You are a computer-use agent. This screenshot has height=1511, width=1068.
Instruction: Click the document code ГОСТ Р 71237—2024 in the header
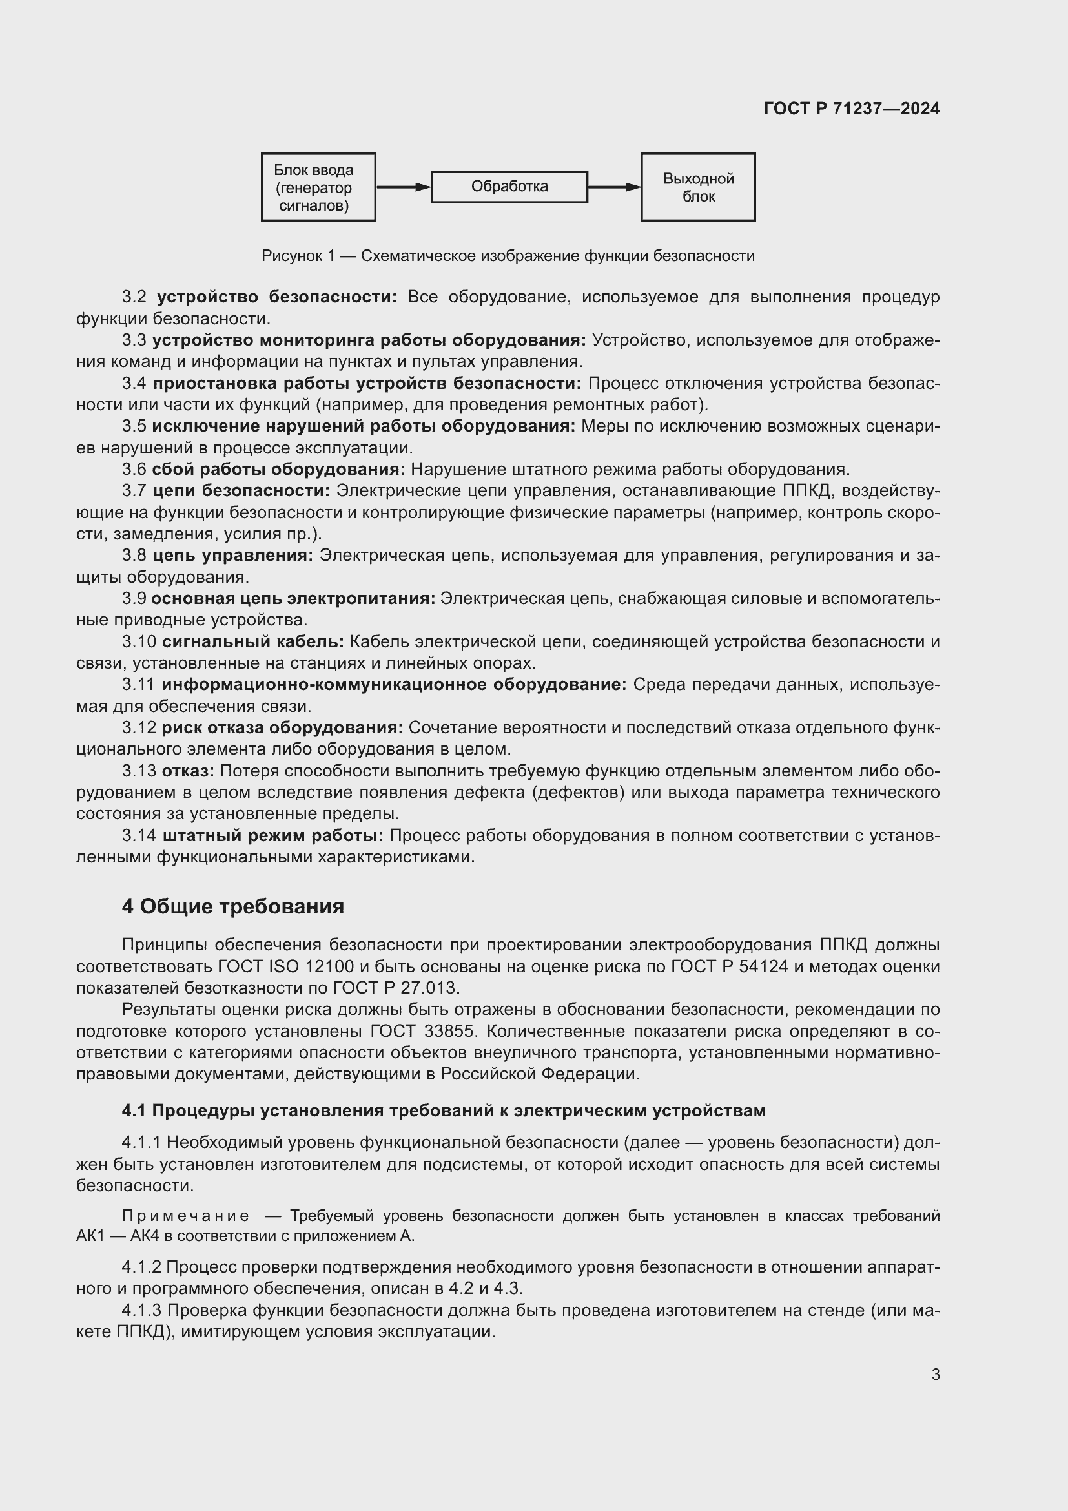[852, 109]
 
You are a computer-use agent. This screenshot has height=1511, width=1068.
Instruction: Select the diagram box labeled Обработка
[509, 187]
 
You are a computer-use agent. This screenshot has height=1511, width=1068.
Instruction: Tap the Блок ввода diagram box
[318, 187]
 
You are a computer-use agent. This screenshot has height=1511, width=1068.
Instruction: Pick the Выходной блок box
[698, 187]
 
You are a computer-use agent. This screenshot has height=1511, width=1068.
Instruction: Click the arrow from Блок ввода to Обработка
[402, 187]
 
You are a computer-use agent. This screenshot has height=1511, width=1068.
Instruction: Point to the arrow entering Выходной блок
[613, 187]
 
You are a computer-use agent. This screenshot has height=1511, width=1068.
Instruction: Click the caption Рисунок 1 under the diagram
[508, 256]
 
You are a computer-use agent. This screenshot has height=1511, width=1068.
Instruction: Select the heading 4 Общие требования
[233, 907]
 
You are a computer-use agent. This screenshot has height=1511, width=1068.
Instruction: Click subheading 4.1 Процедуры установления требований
[443, 1111]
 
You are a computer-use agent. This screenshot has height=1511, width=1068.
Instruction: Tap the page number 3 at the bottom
[935, 1375]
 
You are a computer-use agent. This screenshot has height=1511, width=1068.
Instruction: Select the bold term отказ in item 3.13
[187, 771]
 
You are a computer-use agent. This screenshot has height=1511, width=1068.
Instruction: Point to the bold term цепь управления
[233, 556]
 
